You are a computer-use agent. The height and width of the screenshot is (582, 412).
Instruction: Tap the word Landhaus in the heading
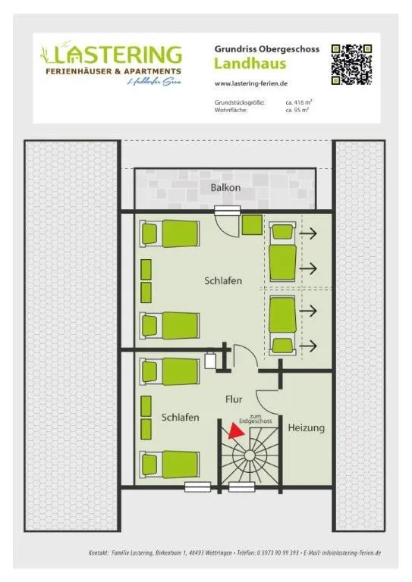pos(250,64)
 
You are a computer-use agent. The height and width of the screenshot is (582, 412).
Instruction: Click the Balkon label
pos(226,187)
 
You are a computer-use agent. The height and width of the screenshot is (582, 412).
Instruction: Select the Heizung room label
pos(306,428)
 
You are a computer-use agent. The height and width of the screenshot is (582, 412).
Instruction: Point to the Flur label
pos(234,399)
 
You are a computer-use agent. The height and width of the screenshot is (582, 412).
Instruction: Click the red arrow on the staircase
pos(236,430)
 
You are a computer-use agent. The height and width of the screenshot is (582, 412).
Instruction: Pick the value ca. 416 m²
pos(298,102)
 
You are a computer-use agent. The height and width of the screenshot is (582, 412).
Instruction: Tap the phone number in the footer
pos(278,553)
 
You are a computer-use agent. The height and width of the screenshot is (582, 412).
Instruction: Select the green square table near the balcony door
pos(252,225)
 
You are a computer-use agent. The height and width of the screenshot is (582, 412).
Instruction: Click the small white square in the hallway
pos(210,361)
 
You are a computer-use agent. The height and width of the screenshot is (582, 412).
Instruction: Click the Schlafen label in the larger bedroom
pos(223,281)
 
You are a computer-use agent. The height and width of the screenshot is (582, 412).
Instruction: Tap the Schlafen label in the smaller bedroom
pos(181,418)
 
